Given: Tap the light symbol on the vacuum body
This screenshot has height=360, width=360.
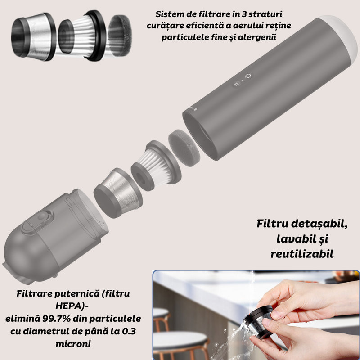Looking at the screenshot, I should (238, 84).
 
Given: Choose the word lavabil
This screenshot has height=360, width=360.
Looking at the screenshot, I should (292, 238).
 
